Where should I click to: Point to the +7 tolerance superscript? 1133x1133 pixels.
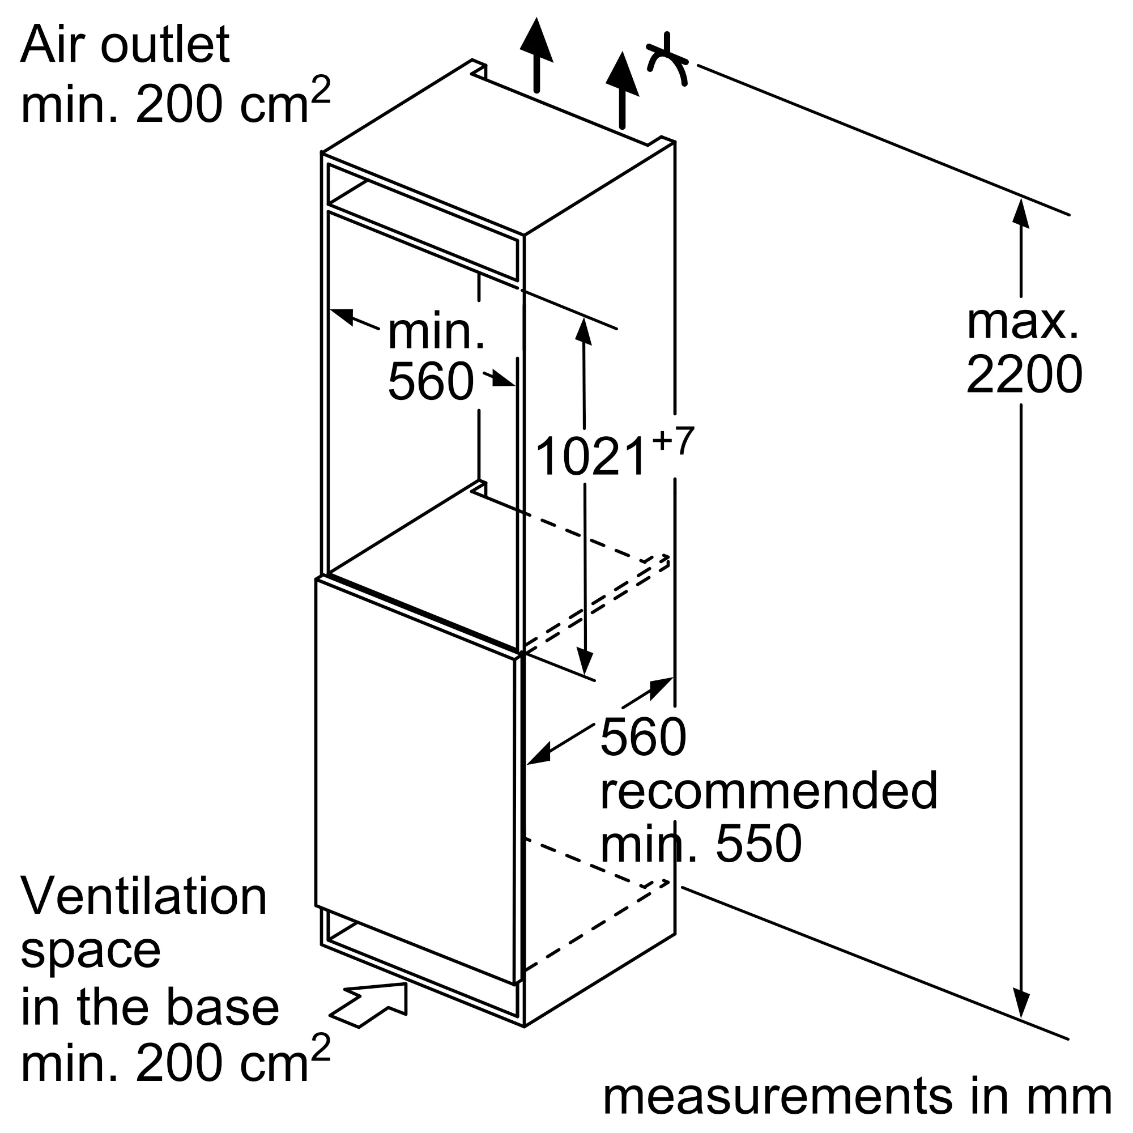coord(672,440)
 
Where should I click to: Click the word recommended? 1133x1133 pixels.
coord(769,790)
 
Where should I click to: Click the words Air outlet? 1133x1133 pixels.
coord(125,45)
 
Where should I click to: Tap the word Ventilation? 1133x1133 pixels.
coord(144,897)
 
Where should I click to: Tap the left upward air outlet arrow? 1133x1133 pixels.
coord(536,53)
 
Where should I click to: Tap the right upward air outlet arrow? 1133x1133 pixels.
coord(621,88)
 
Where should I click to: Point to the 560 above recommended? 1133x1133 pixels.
coord(643,738)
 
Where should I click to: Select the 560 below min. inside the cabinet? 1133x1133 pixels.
coord(431,381)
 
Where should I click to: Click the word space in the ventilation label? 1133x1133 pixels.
coord(90,952)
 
